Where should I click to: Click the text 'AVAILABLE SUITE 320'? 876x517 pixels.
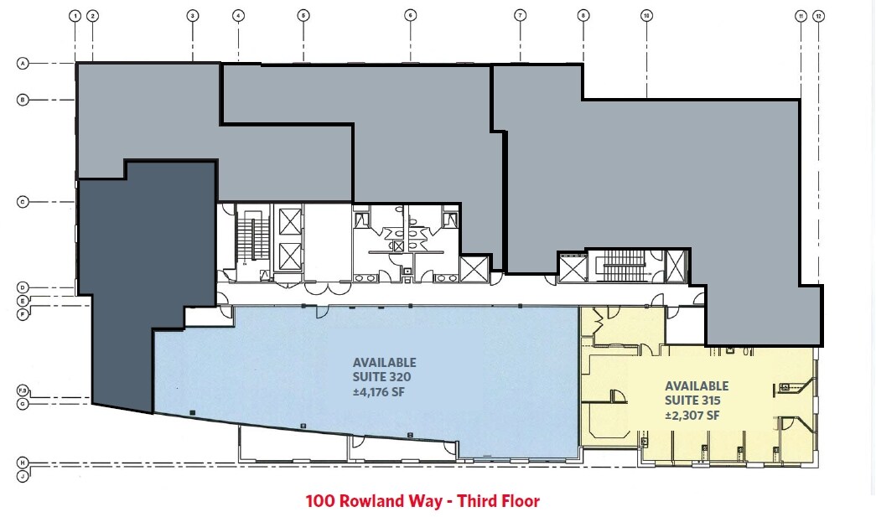pyautogui.click(x=384, y=370)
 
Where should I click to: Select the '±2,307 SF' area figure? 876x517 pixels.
pyautogui.click(x=692, y=415)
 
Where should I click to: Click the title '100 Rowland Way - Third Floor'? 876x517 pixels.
pyautogui.click(x=422, y=501)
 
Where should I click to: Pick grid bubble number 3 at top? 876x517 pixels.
pyautogui.click(x=192, y=15)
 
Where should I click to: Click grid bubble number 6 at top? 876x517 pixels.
pyautogui.click(x=410, y=15)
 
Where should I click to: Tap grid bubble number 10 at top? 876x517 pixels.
pyautogui.click(x=646, y=15)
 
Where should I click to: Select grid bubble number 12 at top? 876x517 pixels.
pyautogui.click(x=818, y=15)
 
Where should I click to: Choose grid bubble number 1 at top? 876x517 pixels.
pyautogui.click(x=75, y=15)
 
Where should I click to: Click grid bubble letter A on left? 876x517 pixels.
pyautogui.click(x=23, y=63)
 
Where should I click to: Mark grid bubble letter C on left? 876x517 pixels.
pyautogui.click(x=23, y=201)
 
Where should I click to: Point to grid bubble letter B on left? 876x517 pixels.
pyautogui.click(x=23, y=100)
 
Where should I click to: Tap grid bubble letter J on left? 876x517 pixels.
pyautogui.click(x=23, y=476)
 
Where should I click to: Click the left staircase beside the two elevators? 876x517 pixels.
pyautogui.click(x=248, y=238)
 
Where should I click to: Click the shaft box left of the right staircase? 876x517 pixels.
pyautogui.click(x=572, y=268)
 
